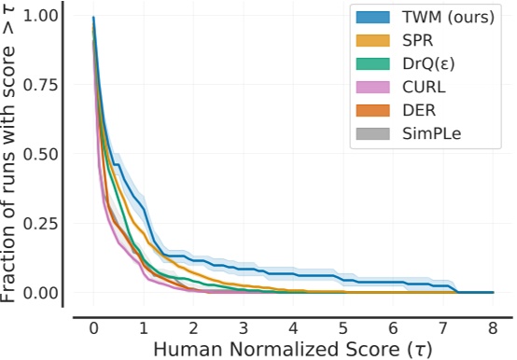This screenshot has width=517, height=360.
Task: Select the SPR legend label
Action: tap(416, 43)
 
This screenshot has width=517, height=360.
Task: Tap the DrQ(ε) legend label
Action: tap(425, 66)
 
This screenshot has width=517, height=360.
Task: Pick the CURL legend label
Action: tap(421, 90)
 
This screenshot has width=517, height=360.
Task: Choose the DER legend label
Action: tap(416, 113)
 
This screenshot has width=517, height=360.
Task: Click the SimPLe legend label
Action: tap(428, 136)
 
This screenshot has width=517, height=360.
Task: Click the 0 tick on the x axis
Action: tap(94, 329)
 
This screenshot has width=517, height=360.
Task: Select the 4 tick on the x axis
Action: tap(293, 329)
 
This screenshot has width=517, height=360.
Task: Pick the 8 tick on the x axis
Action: tap(493, 329)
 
